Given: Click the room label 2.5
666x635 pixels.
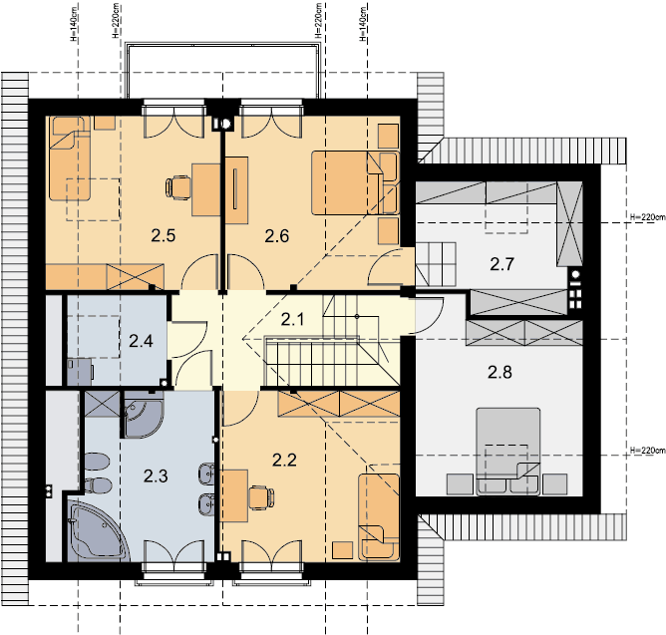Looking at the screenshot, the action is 164,235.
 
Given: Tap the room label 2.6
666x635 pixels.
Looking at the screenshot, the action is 277,235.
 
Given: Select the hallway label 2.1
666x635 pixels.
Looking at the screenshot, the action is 293,319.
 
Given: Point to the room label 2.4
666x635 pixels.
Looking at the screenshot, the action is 141,341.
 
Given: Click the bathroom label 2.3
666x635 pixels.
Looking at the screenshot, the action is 156,476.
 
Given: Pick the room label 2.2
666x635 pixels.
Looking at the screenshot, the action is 284,460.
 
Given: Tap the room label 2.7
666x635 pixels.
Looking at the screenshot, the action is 502,264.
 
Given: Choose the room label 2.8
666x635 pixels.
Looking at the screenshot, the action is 499,373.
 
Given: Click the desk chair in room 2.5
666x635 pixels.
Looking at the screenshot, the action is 177,187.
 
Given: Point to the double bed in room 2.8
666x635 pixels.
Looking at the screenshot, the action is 508,452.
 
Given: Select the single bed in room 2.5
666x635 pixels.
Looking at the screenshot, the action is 70,159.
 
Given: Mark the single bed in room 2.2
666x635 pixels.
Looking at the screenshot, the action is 379,517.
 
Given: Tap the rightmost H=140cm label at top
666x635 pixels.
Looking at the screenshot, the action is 363,24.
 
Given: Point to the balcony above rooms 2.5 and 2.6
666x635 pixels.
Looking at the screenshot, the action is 223,70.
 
